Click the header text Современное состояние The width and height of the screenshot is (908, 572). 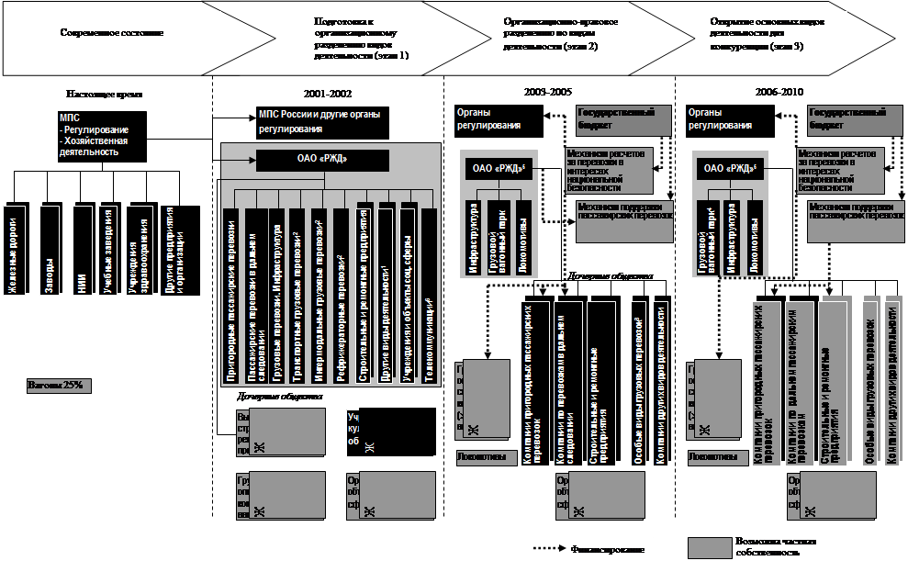tap(111, 33)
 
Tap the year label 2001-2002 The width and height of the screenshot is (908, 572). tap(328, 93)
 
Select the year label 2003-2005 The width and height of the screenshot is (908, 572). tap(549, 92)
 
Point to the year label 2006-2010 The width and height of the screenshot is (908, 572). tap(779, 92)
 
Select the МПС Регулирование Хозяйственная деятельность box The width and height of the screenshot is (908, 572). tap(101, 136)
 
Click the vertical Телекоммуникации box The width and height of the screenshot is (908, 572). tap(429, 303)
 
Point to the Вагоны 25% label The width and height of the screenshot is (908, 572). tap(57, 385)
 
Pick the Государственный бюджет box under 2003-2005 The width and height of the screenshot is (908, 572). tap(615, 118)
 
